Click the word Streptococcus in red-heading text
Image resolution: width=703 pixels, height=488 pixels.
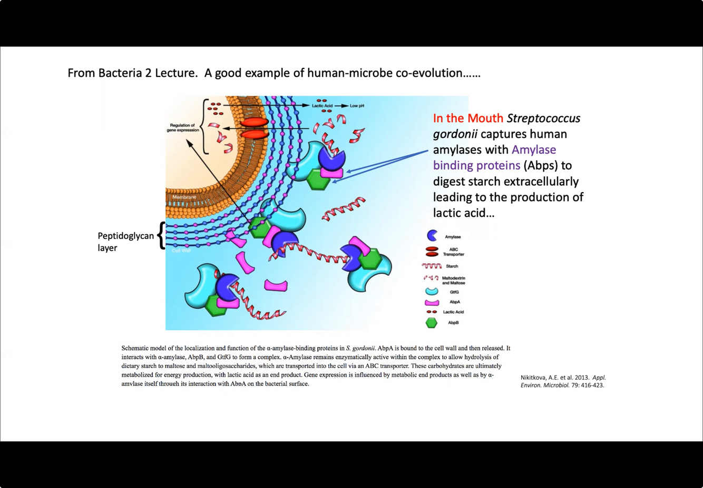pos(543,118)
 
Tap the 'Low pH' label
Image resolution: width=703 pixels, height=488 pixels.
pos(357,106)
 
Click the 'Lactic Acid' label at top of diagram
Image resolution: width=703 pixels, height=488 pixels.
pos(322,106)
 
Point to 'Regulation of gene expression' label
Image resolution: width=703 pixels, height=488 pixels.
pos(183,127)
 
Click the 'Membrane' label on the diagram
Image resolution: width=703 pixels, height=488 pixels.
pos(184,197)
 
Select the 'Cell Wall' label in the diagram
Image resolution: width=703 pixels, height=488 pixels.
pos(181,251)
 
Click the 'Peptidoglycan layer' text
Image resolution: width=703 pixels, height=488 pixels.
pos(125,242)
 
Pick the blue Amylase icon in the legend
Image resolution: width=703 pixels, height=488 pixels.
pos(432,236)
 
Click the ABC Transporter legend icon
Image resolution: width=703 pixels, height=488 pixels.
pos(432,252)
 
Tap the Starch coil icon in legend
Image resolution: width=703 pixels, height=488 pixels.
pos(432,266)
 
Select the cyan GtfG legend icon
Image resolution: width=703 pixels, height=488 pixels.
pos(432,291)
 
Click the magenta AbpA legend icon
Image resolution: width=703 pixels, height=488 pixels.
pos(432,302)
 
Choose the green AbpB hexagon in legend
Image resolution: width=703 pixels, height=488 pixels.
pos(432,323)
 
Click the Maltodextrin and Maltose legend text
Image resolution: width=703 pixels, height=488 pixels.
pos(453,280)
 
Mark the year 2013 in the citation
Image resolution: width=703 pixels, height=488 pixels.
pos(582,377)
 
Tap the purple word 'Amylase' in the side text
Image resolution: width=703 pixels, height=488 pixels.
pos(533,150)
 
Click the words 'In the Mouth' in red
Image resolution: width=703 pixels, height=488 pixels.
pos(468,118)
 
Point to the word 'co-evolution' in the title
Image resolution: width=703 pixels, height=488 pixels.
pos(429,73)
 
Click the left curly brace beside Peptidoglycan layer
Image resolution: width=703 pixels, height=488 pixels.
pos(161,235)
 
